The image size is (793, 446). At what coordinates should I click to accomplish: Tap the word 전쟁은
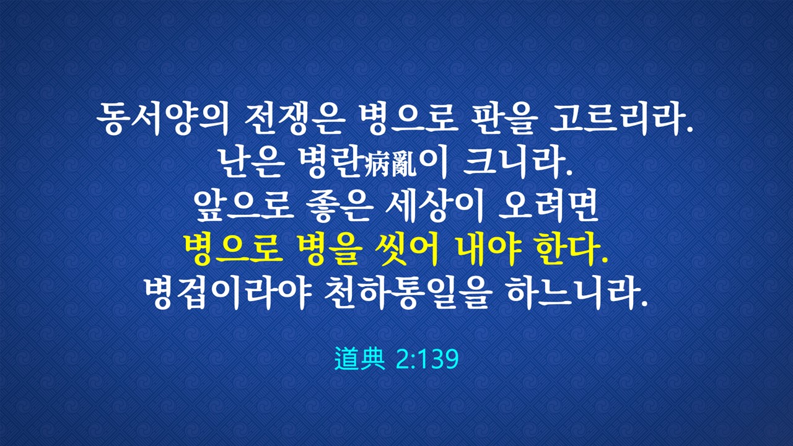pos(294,120)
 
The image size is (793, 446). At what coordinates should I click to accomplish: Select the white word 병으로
pos(406,120)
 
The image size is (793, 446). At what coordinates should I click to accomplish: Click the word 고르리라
pos(621,120)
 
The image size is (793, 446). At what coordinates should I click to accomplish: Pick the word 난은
pos(252,163)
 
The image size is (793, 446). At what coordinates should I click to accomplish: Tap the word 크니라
pos(517,163)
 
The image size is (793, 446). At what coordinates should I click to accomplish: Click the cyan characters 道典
pos(360,359)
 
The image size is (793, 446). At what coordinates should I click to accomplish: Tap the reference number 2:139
pos(427,359)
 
